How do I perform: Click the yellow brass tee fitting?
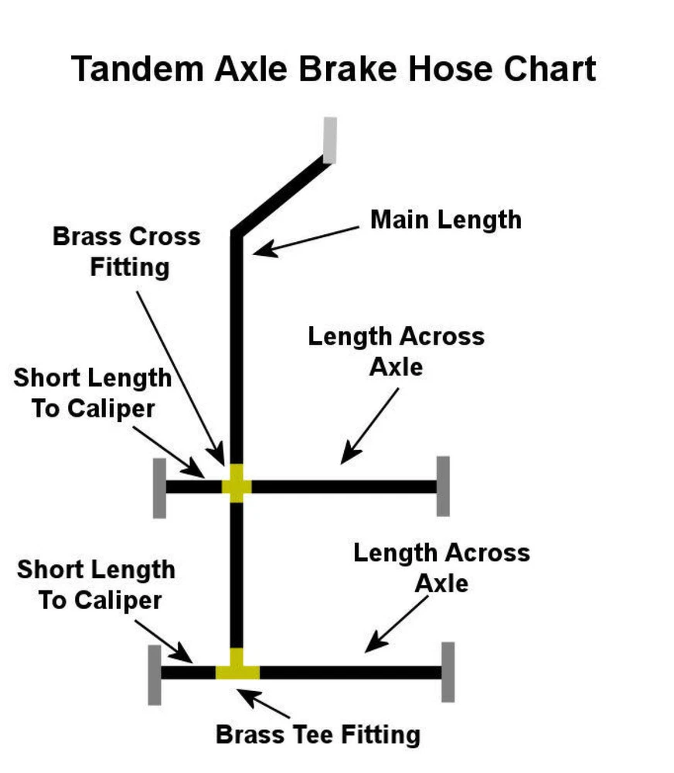[x=237, y=667]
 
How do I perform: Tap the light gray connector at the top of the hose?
[x=330, y=140]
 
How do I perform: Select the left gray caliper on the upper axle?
[x=159, y=488]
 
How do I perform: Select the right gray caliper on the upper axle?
[x=443, y=485]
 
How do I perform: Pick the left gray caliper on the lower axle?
[x=155, y=673]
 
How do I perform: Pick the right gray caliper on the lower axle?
[x=448, y=672]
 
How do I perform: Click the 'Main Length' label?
[x=446, y=220]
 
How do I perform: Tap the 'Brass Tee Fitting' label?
[x=318, y=734]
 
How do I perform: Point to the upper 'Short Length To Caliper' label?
[x=93, y=393]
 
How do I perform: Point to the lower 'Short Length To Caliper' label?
[x=97, y=585]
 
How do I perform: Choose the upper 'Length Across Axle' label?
[x=396, y=351]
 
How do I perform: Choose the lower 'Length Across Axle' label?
[x=441, y=567]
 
